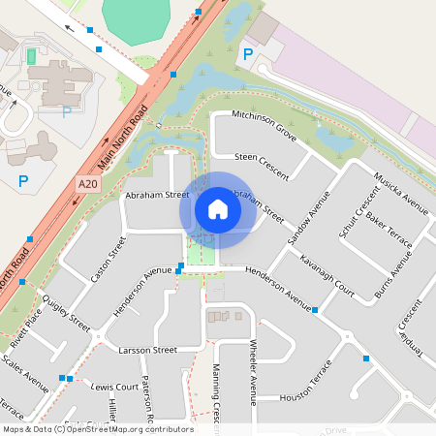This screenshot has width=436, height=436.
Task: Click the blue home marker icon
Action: click(218, 209)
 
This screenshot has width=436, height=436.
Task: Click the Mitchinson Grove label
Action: click(265, 121)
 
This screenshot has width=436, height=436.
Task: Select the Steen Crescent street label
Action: click(262, 162)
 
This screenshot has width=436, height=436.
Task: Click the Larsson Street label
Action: click(147, 349)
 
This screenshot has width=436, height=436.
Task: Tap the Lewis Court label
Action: click(115, 386)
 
